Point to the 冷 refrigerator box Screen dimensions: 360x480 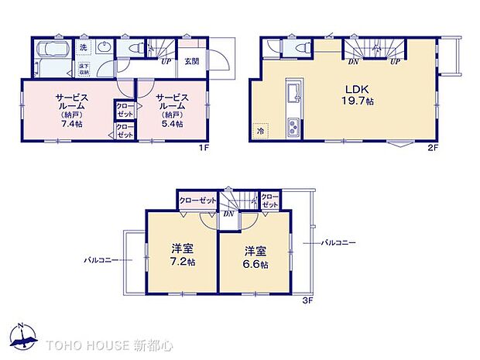point(262,132)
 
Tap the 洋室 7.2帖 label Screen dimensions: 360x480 point(183,256)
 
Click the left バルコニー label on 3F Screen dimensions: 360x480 point(101,260)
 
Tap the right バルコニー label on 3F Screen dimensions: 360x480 point(339,243)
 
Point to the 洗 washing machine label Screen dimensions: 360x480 point(84,48)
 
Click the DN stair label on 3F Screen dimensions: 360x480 point(229,213)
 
